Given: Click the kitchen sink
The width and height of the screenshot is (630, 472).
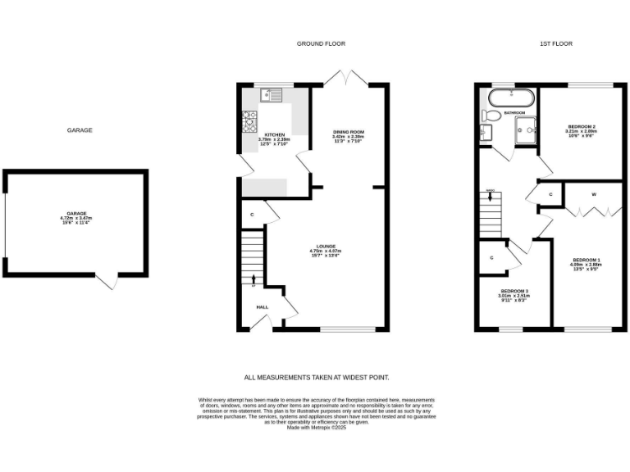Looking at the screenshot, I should point(271,96).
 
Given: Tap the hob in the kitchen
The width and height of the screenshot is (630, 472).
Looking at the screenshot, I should point(249,122).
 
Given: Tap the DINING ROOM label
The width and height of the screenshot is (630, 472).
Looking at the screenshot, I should point(348,131).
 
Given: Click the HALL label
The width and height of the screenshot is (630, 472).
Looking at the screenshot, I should point(262,307).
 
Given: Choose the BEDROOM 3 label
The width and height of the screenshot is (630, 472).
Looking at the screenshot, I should point(514,291).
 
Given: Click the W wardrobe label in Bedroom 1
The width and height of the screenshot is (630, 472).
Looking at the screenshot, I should point(593,194).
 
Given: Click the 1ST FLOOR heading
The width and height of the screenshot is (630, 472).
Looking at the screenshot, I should point(555,43).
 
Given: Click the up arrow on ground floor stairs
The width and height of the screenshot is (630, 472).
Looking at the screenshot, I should point(253,279).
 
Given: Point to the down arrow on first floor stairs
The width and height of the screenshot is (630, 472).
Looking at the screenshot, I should point(490,197).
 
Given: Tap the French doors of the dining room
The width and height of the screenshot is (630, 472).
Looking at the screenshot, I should point(345,76).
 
